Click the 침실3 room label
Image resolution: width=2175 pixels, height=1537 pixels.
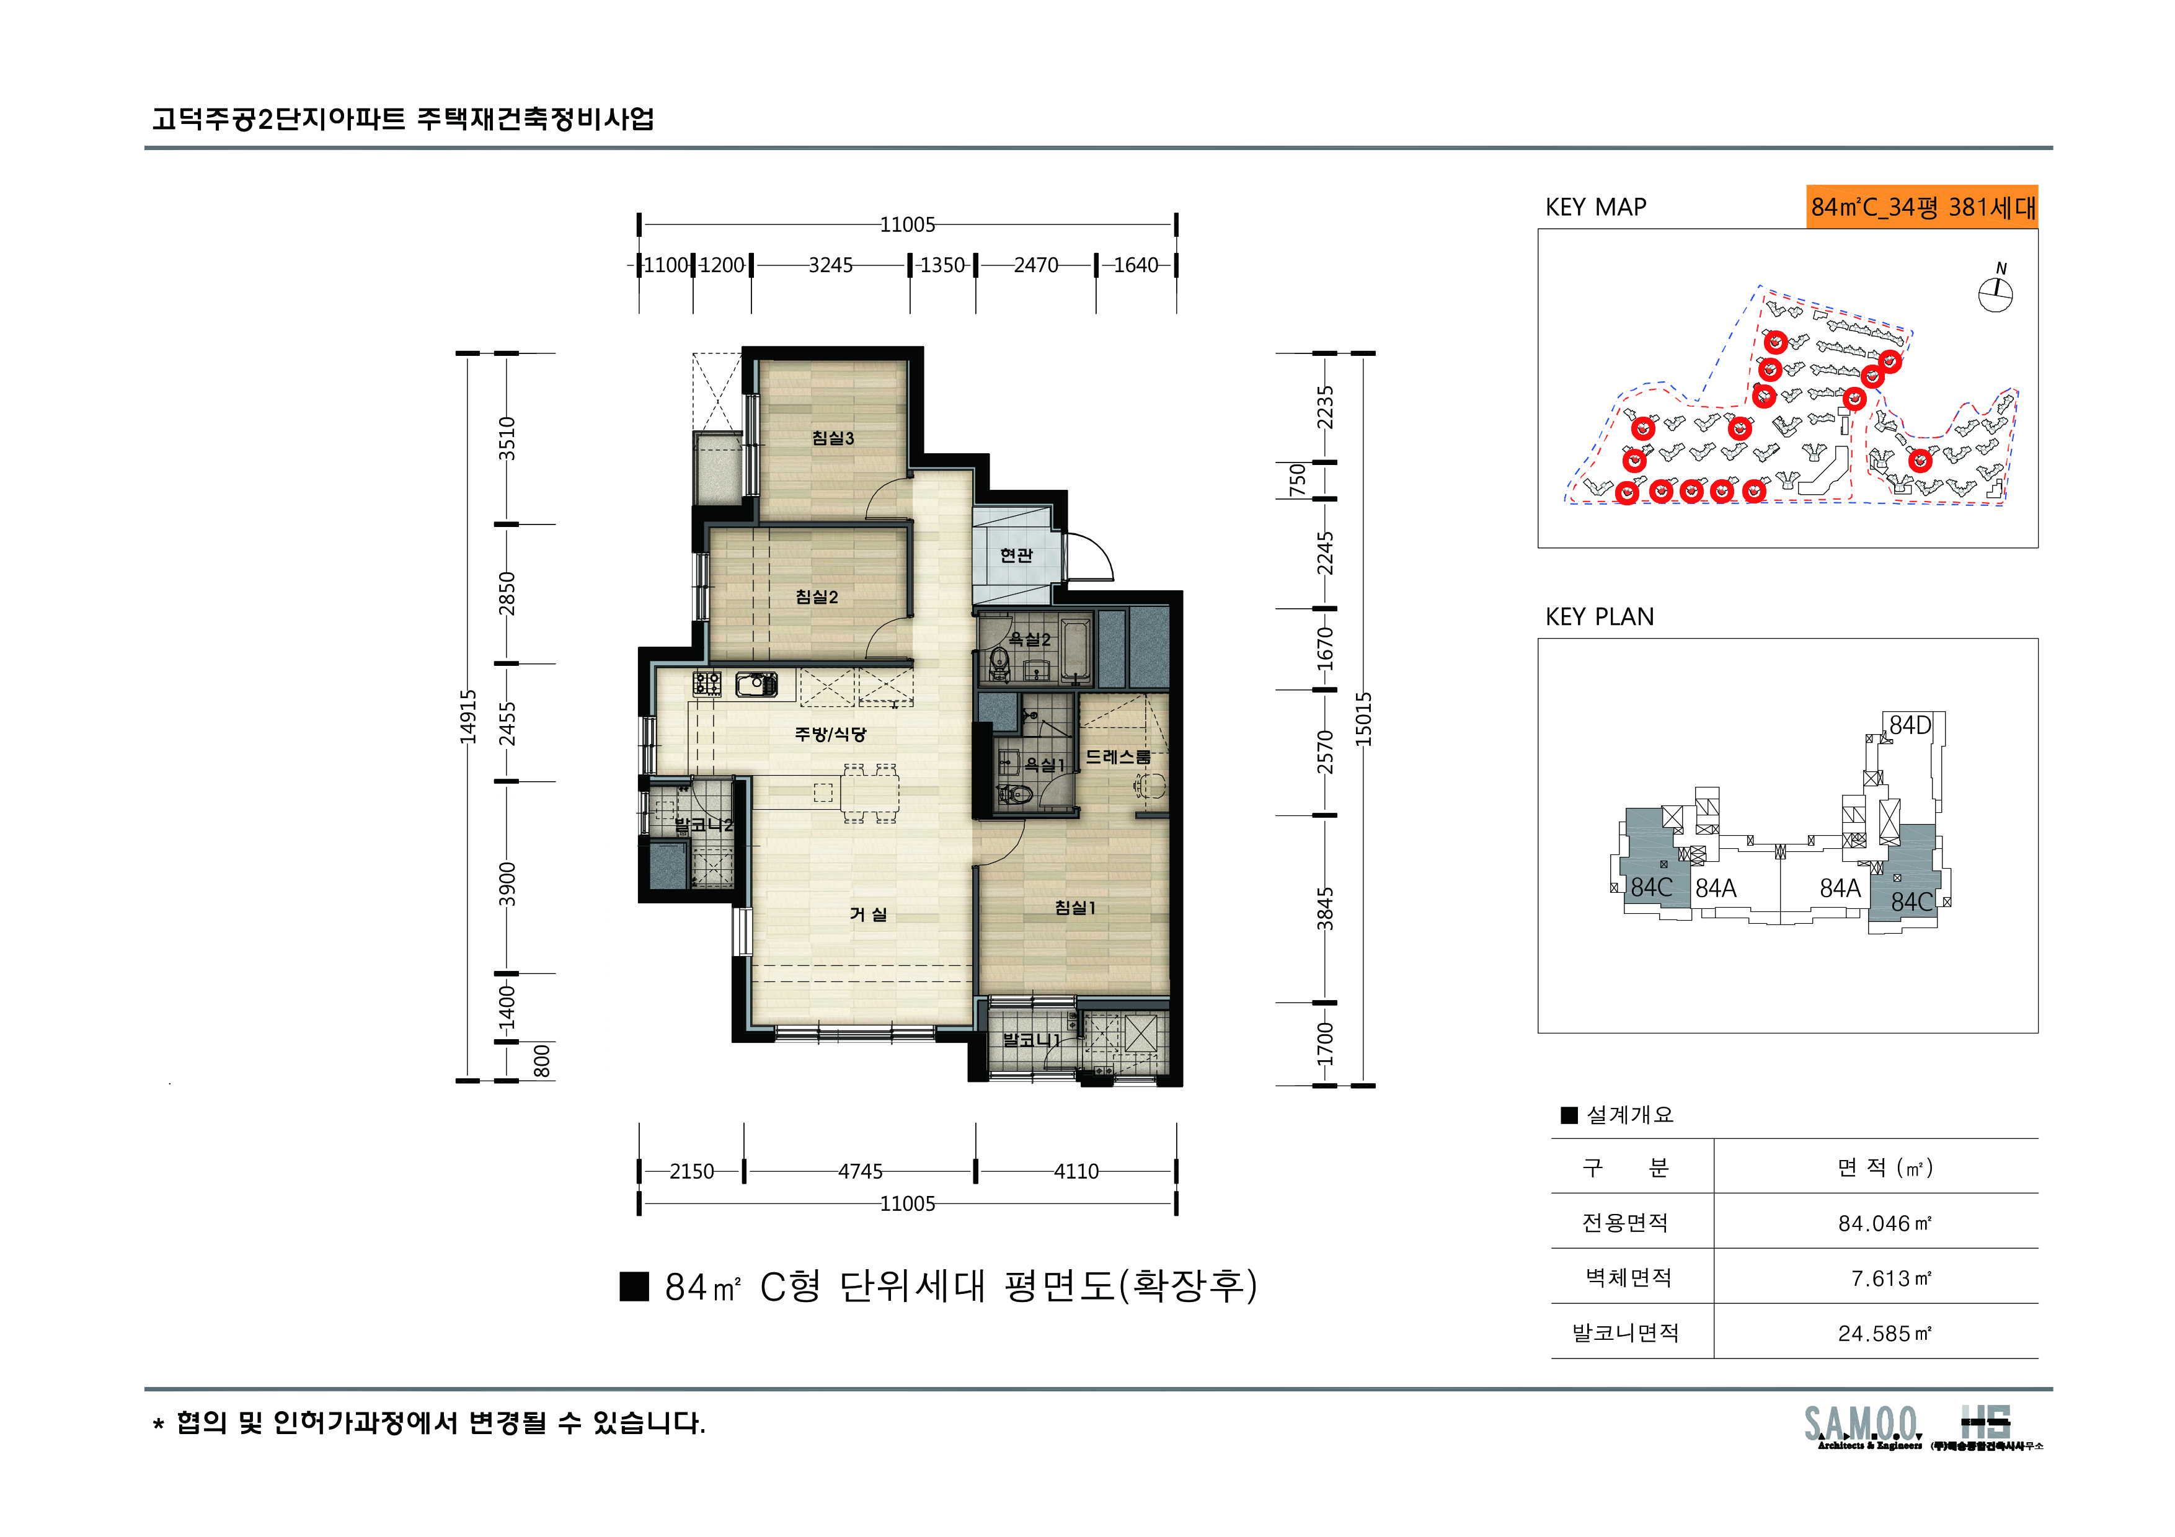833,438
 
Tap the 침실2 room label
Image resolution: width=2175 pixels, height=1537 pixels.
817,596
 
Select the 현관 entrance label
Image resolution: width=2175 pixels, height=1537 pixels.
1016,555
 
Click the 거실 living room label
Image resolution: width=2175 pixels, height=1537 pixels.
868,914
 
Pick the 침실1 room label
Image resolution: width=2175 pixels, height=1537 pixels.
1075,907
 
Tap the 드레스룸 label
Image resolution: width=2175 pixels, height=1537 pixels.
1118,756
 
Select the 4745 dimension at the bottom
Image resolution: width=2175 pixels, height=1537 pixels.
860,1171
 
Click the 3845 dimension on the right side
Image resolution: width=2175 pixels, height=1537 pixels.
1325,907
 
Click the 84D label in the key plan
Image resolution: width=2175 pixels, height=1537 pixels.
1910,725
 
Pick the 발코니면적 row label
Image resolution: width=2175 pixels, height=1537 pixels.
1626,1334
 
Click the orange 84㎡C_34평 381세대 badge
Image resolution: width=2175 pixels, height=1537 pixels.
1922,206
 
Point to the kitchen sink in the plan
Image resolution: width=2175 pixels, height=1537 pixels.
756,683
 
